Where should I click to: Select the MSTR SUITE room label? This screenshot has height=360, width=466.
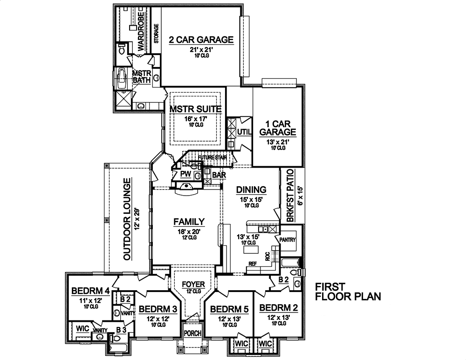(195, 109)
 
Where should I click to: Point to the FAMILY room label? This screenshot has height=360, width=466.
(189, 221)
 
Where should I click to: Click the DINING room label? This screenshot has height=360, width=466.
(251, 190)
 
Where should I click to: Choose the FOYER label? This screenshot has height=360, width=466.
(192, 284)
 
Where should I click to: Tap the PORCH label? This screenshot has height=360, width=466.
(192, 333)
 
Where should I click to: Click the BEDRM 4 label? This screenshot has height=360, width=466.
(90, 292)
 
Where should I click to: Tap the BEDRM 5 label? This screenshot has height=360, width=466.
(228, 309)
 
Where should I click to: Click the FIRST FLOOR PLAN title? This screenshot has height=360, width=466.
(348, 291)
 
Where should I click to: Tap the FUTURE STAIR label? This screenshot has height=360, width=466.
(212, 158)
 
